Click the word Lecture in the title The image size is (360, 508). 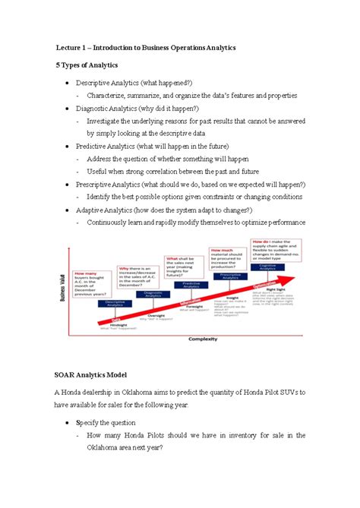(67, 47)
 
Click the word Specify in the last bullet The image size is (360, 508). (100, 421)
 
